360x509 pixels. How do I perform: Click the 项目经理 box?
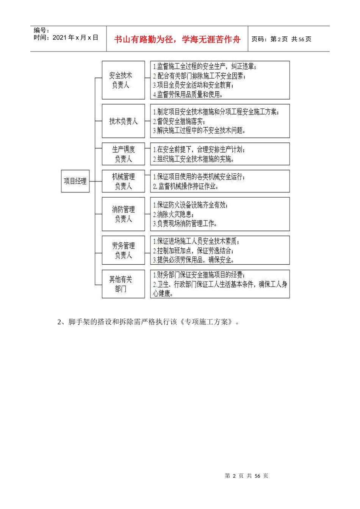(75, 181)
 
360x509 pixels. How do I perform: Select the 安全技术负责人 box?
(123, 80)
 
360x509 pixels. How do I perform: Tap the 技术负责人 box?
(123, 121)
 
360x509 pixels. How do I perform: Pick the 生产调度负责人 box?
(123, 154)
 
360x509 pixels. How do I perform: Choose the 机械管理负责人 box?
(123, 181)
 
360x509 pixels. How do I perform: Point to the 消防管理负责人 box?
(123, 214)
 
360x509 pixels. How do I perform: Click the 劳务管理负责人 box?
(123, 250)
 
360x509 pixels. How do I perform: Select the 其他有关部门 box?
(123, 284)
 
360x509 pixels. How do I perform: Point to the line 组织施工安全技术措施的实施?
(194, 159)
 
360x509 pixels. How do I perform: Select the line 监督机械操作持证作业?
(186, 186)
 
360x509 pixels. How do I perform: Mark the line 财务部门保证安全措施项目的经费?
(199, 275)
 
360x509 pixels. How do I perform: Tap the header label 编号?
(41, 30)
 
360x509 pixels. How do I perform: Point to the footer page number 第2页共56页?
(246, 476)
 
